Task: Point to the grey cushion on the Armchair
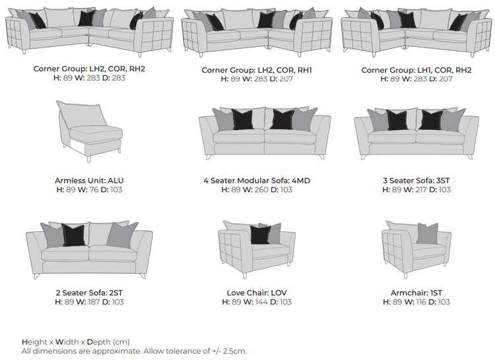pos(427,233)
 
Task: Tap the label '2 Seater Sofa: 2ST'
pos(89,293)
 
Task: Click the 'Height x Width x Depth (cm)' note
pos(75,342)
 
